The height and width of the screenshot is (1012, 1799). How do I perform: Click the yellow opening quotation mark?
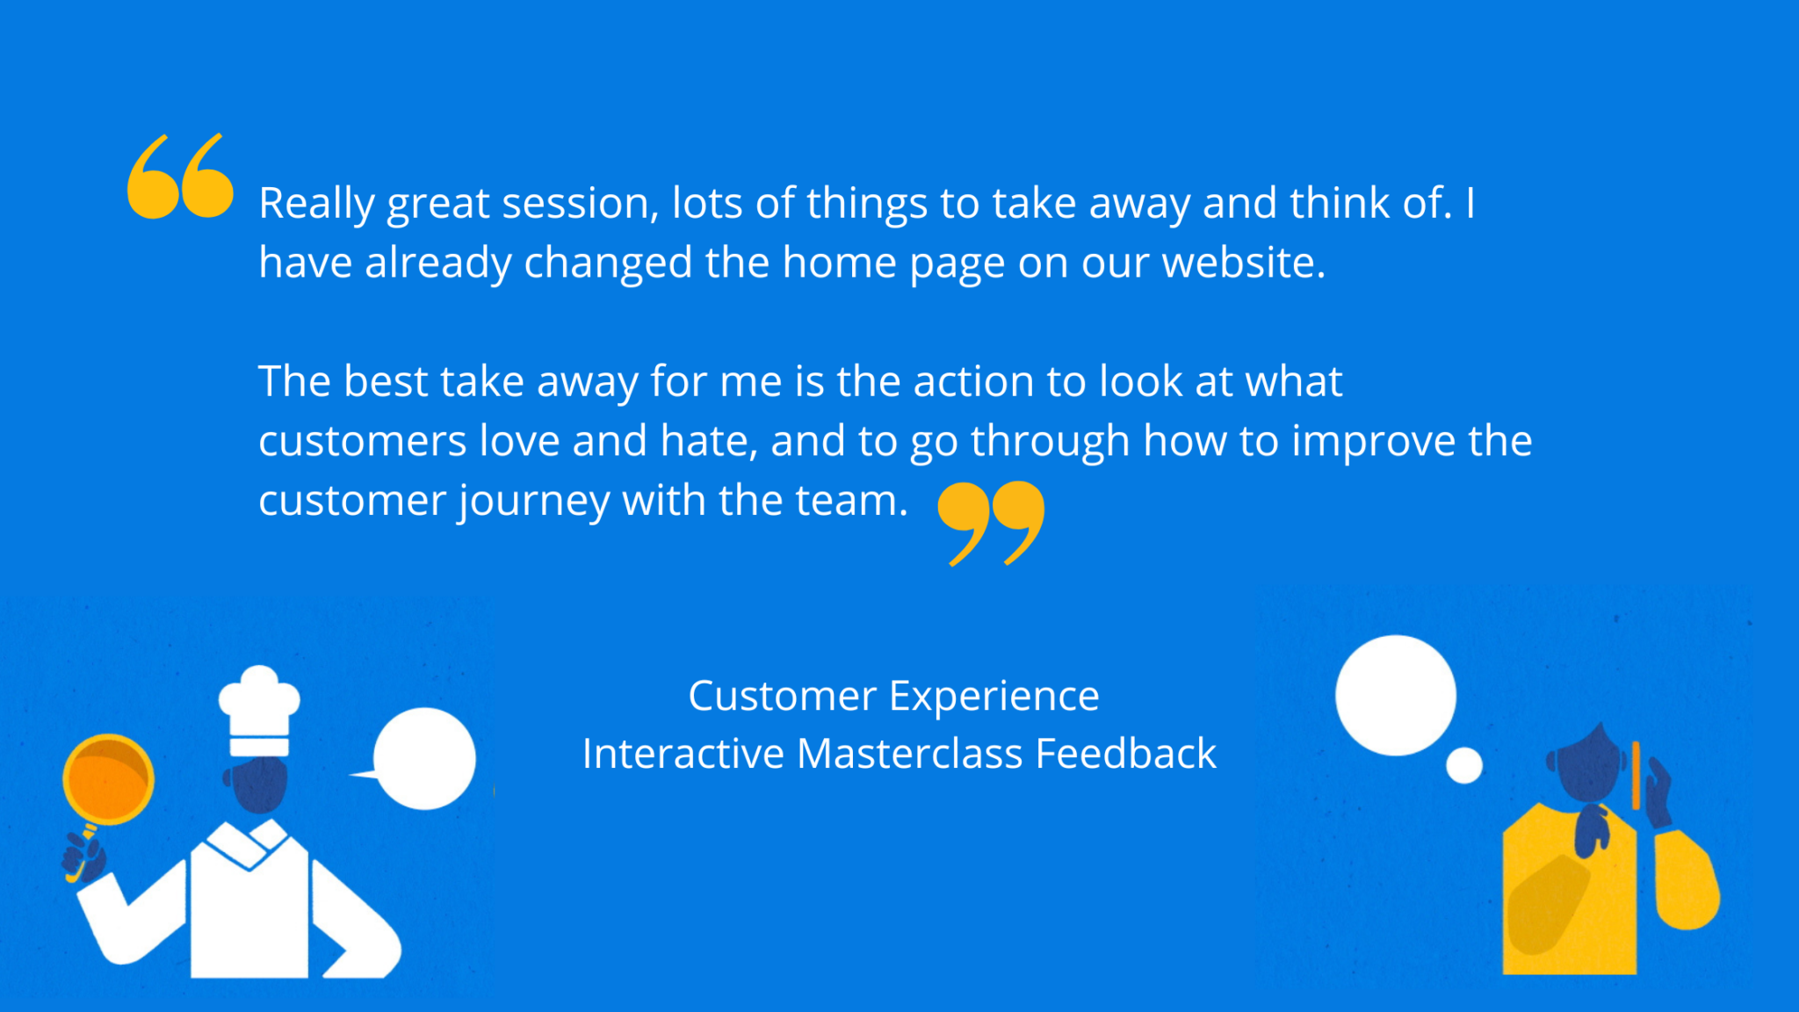pos(180,176)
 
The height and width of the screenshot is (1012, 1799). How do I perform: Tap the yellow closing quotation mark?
pos(991,523)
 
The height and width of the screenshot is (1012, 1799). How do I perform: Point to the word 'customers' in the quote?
pos(362,441)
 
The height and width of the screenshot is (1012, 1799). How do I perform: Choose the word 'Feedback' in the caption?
pos(1126,754)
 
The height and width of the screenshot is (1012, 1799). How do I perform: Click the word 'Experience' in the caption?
pos(993,698)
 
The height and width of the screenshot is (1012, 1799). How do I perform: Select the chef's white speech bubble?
pos(421,759)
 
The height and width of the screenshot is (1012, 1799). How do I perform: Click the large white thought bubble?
pos(1396,695)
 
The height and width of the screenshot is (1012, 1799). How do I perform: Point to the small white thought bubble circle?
pos(1464,765)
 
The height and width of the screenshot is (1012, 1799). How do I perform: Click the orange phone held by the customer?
pos(1636,775)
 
